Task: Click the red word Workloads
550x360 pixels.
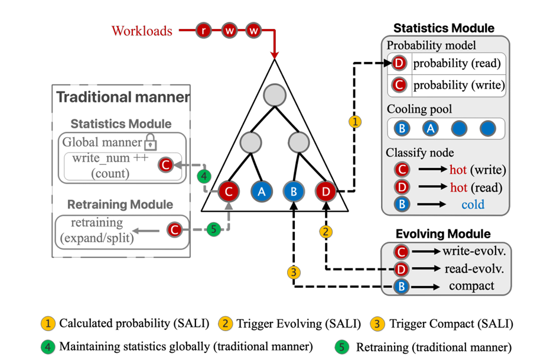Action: point(142,30)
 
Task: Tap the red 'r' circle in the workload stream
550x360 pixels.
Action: point(204,31)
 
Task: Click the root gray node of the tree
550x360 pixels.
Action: point(275,95)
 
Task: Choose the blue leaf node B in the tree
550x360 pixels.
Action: point(294,192)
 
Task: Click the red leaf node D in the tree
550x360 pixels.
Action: point(326,192)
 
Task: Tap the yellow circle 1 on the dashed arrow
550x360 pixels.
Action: point(354,122)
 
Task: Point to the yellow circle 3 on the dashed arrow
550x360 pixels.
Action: point(293,272)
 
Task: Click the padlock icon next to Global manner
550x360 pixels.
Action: point(151,142)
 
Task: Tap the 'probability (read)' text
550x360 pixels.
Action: point(457,64)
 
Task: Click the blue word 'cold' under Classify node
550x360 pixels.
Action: point(473,205)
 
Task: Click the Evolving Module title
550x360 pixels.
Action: point(444,234)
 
